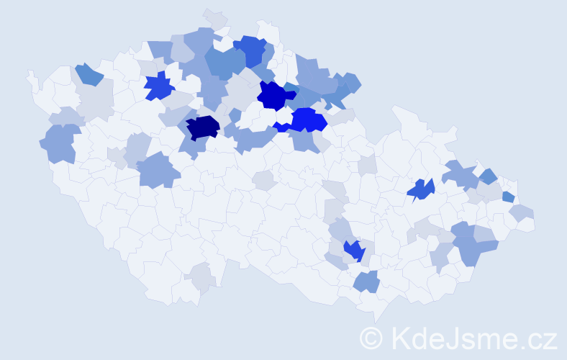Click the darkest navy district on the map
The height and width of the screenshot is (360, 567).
[x=202, y=127]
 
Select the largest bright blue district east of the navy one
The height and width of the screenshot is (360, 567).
[x=308, y=120]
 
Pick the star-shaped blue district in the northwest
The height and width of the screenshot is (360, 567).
[x=159, y=86]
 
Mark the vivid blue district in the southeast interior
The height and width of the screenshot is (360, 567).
[x=353, y=250]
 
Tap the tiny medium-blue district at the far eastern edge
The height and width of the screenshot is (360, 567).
[x=508, y=197]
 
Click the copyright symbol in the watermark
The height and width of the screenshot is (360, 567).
[x=371, y=337]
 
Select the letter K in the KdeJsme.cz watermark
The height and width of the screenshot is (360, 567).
[x=400, y=337]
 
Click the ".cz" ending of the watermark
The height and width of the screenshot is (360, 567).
[x=538, y=338]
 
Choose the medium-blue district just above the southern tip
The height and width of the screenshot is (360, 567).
[x=367, y=281]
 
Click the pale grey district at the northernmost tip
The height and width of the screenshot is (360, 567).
[x=214, y=17]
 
